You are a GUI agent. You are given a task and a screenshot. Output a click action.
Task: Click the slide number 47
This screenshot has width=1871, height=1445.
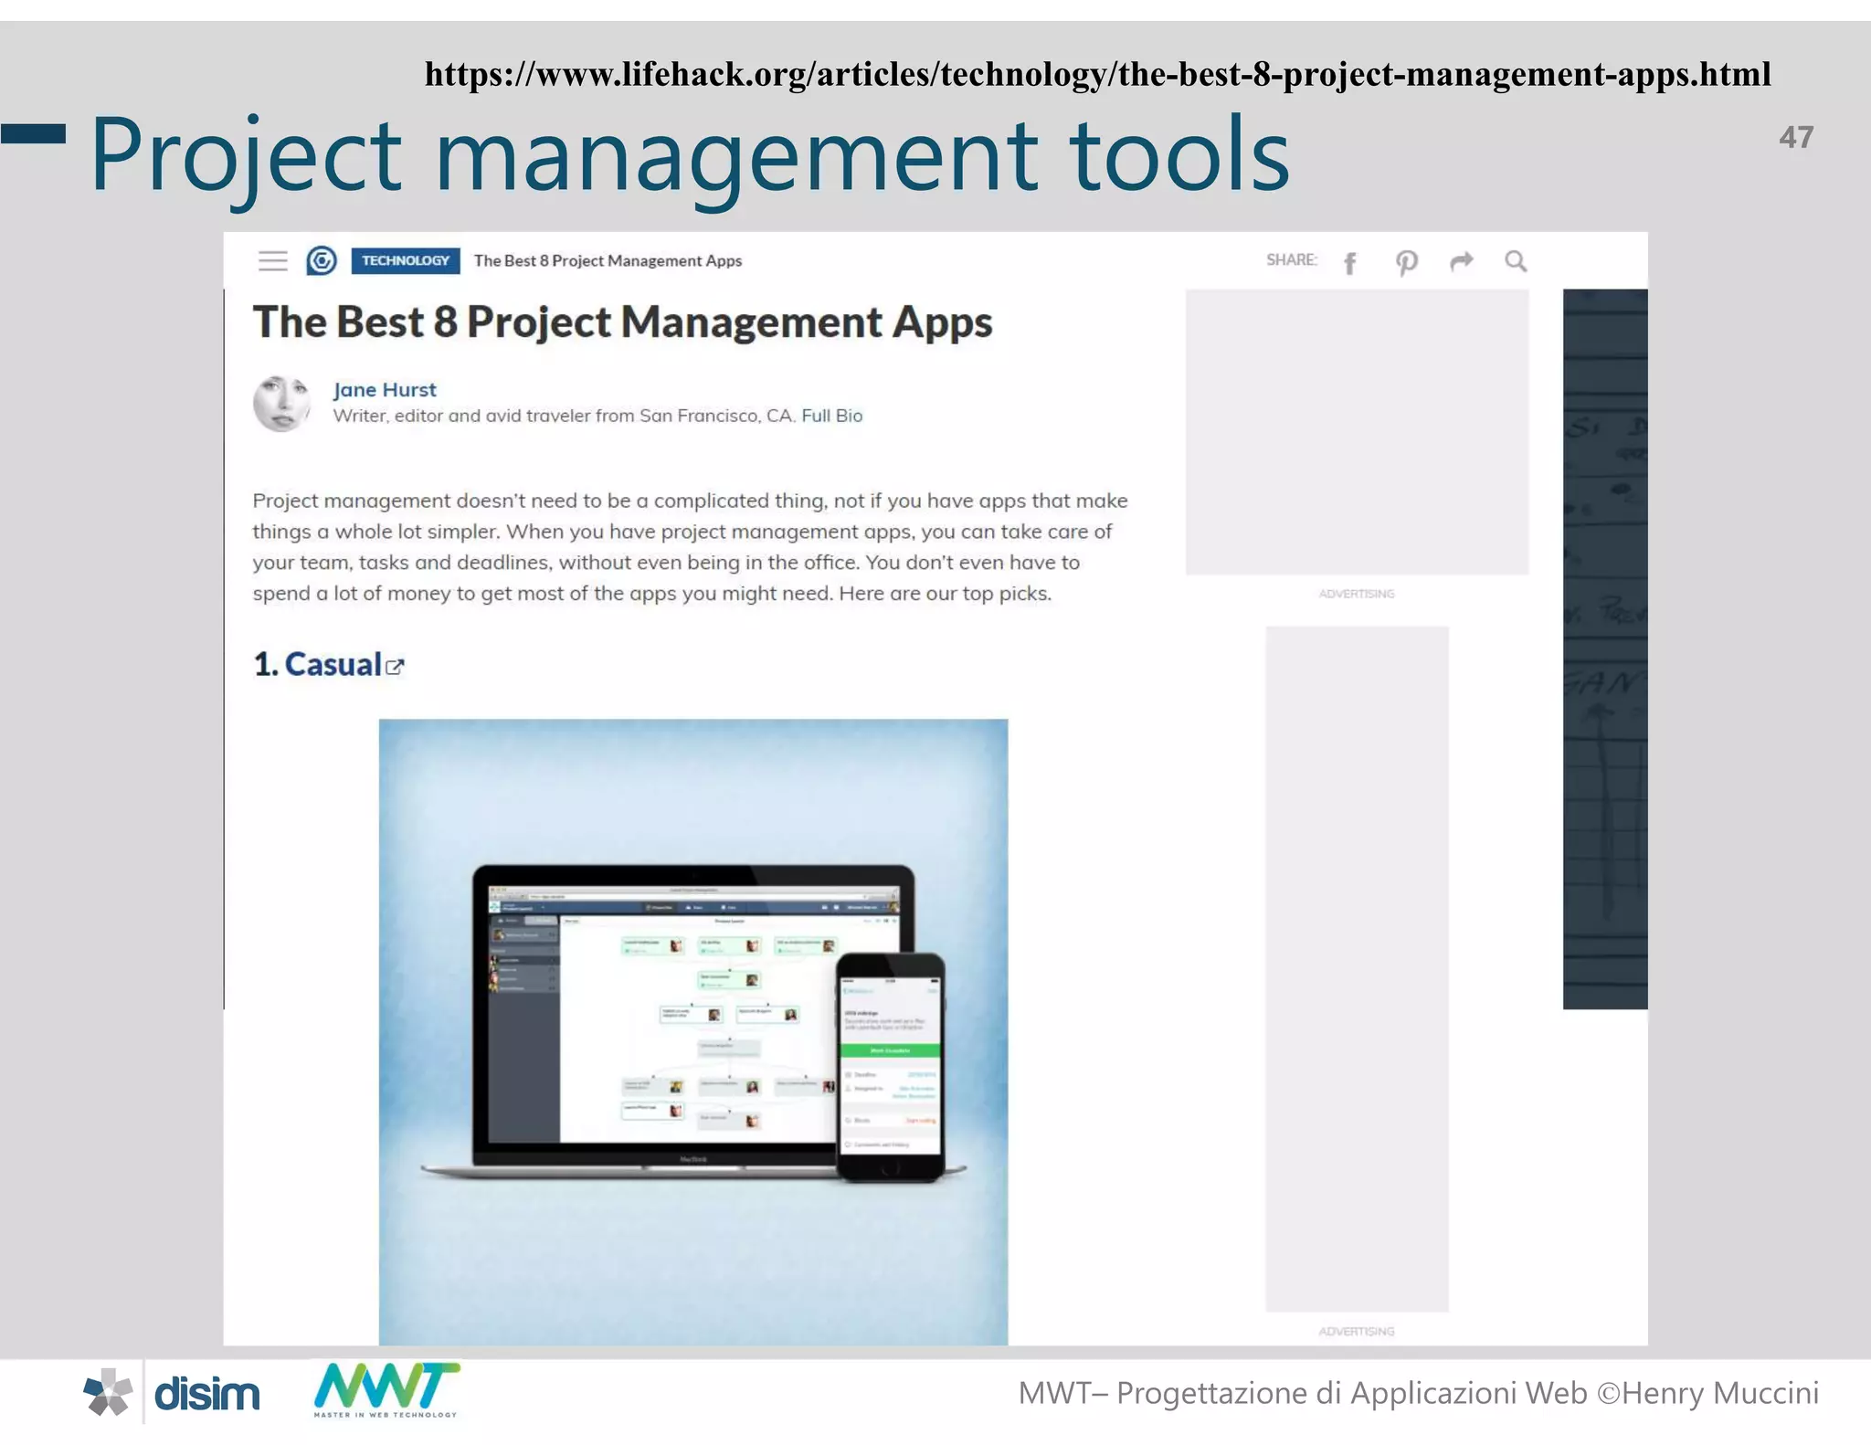[x=1795, y=137]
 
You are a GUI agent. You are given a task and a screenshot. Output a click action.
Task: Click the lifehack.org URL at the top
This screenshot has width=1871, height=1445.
[x=1097, y=74]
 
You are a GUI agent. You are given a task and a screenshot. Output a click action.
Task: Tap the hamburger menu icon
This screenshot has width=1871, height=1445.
[x=272, y=261]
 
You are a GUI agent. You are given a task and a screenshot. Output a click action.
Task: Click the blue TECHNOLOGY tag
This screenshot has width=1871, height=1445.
[x=405, y=260]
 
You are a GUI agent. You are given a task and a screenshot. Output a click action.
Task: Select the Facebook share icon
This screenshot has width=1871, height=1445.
[x=1350, y=263]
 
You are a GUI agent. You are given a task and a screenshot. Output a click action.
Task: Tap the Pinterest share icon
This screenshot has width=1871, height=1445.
[x=1406, y=263]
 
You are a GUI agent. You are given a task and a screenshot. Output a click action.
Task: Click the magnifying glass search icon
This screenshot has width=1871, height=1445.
[x=1516, y=262]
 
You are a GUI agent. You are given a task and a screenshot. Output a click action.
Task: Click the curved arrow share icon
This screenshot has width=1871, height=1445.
[x=1462, y=262]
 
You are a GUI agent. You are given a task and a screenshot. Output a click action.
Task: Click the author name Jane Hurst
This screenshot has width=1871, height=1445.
[x=385, y=390]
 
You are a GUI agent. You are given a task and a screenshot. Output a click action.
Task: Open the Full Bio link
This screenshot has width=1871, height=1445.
[x=831, y=416]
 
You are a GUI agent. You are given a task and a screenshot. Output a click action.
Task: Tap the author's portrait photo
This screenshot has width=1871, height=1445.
[x=281, y=403]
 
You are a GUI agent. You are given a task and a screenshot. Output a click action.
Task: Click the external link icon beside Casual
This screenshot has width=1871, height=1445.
[x=395, y=667]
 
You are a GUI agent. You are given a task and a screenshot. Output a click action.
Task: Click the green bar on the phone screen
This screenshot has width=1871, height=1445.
[x=889, y=1050]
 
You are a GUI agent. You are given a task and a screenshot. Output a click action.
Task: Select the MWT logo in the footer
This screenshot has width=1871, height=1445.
[x=386, y=1389]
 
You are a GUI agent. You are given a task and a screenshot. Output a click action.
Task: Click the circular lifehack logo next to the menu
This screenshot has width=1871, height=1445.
[x=322, y=261]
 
